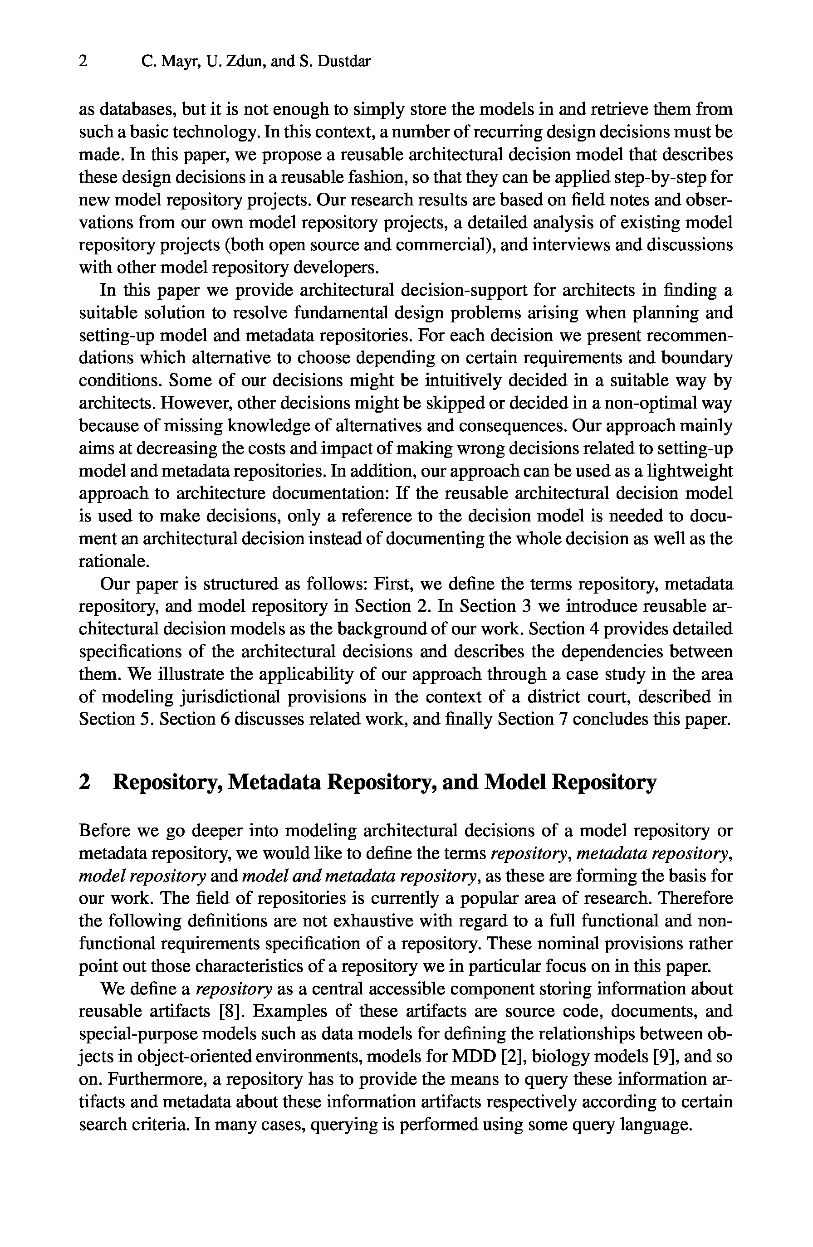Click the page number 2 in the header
pyautogui.click(x=83, y=62)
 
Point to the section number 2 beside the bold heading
pyautogui.click(x=84, y=782)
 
